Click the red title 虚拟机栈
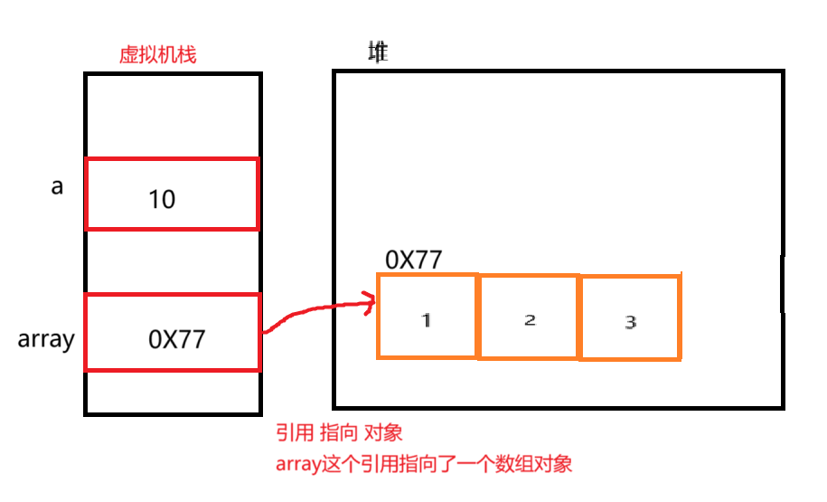(158, 54)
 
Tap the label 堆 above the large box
(378, 52)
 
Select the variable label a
(57, 188)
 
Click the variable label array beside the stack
(45, 340)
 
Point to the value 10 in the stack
(162, 199)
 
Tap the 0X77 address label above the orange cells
(413, 260)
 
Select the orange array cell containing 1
(427, 316)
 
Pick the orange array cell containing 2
(529, 317)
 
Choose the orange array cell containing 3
(630, 317)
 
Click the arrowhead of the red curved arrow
(370, 303)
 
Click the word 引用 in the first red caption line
(291, 433)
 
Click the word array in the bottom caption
(297, 464)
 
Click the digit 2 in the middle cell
(530, 319)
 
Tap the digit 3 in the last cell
(631, 321)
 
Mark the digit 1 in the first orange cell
(427, 319)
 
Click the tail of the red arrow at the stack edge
(265, 332)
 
